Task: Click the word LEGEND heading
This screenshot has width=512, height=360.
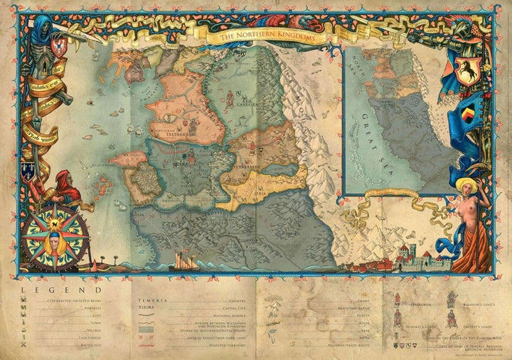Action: [61, 290]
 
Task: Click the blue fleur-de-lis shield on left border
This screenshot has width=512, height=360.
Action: [27, 169]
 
